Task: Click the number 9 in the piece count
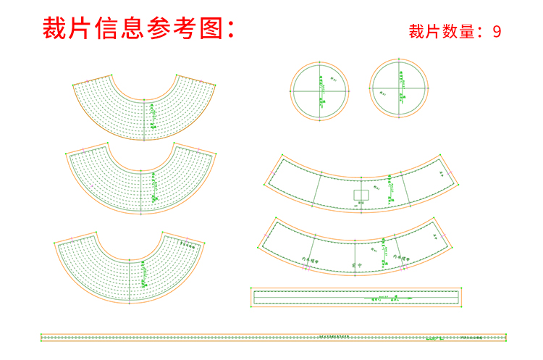[497, 31]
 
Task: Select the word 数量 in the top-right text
[458, 31]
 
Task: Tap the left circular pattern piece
[319, 91]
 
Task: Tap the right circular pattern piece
[399, 91]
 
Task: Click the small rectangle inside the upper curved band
[362, 195]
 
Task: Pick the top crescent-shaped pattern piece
[145, 109]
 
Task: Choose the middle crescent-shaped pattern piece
[141, 181]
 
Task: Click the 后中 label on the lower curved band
[354, 264]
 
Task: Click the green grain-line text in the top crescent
[153, 116]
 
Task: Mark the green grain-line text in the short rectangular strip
[384, 298]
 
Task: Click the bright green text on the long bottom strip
[432, 338]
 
